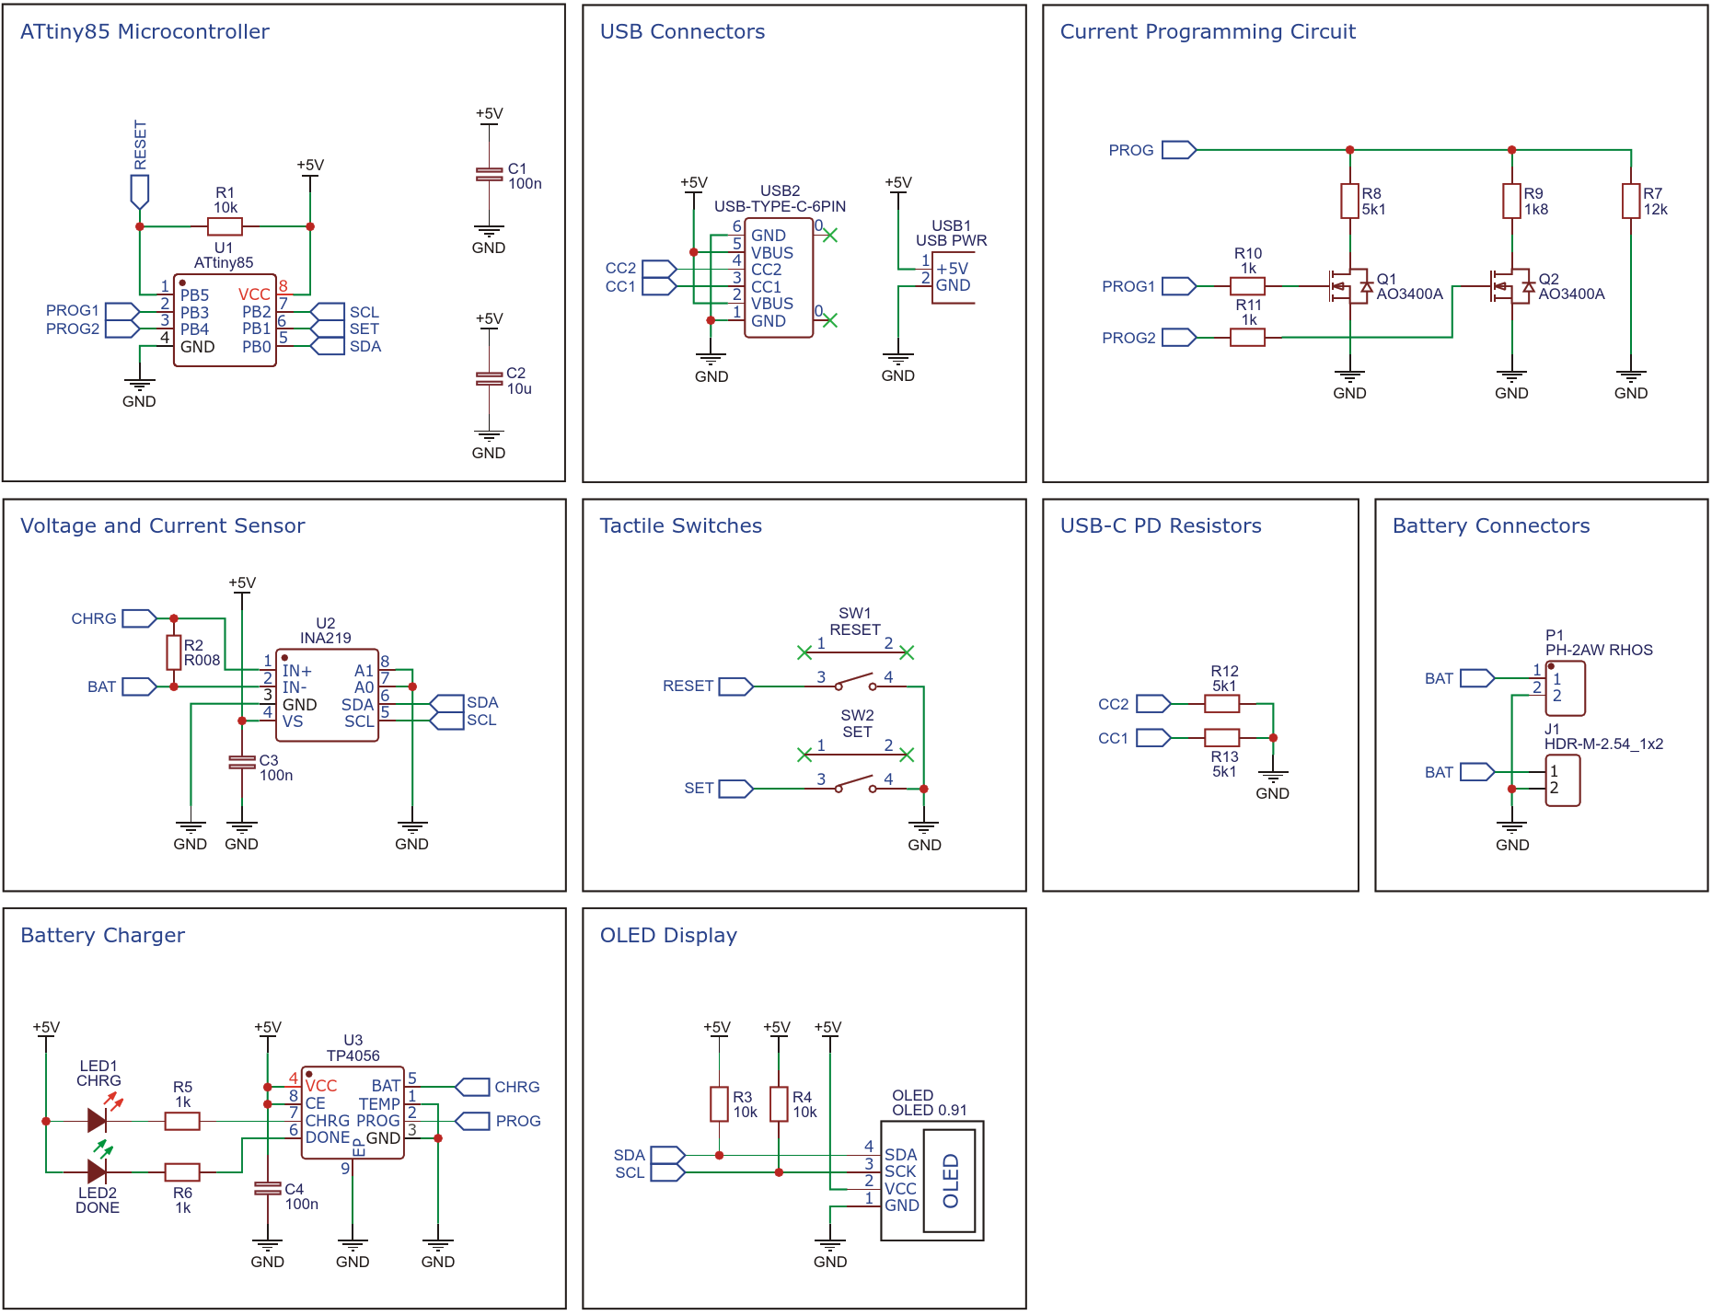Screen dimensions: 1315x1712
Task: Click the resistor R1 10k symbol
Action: click(225, 226)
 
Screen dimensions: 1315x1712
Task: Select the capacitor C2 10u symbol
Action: click(489, 377)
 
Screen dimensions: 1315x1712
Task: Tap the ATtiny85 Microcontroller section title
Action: click(145, 31)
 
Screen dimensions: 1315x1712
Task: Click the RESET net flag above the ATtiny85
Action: click(140, 190)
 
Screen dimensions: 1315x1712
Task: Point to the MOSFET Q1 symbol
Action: click(1348, 286)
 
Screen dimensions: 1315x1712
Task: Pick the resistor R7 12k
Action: click(1631, 201)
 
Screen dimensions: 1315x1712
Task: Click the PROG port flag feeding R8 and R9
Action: click(1178, 150)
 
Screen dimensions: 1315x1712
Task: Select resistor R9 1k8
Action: click(1511, 201)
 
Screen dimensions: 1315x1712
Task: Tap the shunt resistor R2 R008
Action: click(174, 652)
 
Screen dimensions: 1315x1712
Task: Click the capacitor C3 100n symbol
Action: click(242, 762)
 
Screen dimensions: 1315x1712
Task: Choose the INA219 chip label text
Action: click(325, 638)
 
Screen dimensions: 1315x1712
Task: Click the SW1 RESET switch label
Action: click(854, 622)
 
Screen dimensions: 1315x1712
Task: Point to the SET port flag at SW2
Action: click(735, 789)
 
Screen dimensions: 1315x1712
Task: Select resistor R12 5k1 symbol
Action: click(1222, 704)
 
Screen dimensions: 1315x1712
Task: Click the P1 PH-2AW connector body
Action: click(1565, 687)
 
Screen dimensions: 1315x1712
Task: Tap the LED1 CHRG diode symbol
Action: click(98, 1120)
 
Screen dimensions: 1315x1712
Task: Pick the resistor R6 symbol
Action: click(182, 1172)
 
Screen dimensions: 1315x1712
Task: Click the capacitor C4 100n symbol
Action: click(268, 1189)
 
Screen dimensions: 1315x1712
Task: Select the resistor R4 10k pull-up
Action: click(779, 1104)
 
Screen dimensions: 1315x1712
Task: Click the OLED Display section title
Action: click(668, 935)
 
